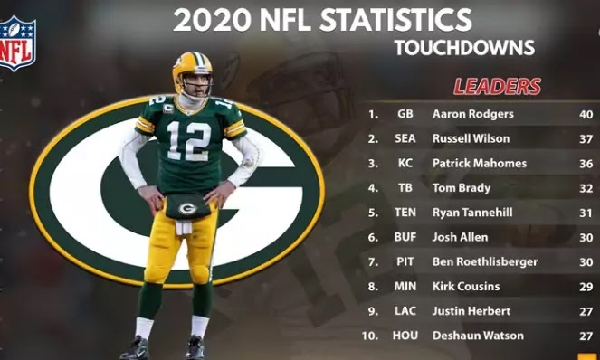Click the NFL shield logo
pyautogui.click(x=17, y=43)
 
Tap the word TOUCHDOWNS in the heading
pyautogui.click(x=464, y=48)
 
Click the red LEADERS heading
pyautogui.click(x=497, y=87)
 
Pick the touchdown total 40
pyautogui.click(x=586, y=115)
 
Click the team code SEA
pyautogui.click(x=405, y=139)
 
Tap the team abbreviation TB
pyautogui.click(x=405, y=188)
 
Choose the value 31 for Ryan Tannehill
pyautogui.click(x=586, y=213)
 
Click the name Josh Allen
pyautogui.click(x=460, y=237)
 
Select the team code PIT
pyautogui.click(x=405, y=261)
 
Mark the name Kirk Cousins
pyautogui.click(x=465, y=287)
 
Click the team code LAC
pyautogui.click(x=405, y=311)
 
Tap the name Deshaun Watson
pyautogui.click(x=472, y=336)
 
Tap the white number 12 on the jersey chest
pyautogui.click(x=188, y=140)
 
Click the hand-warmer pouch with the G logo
pyautogui.click(x=187, y=207)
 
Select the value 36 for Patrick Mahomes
pyautogui.click(x=586, y=164)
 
